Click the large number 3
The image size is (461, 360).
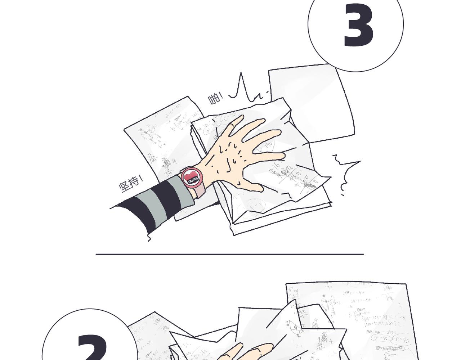(358, 25)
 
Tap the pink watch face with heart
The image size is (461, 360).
(191, 177)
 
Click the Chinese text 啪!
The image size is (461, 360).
(215, 98)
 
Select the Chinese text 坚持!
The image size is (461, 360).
(131, 183)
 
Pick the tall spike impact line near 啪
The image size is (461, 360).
(241, 86)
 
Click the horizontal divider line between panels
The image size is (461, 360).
(229, 254)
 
